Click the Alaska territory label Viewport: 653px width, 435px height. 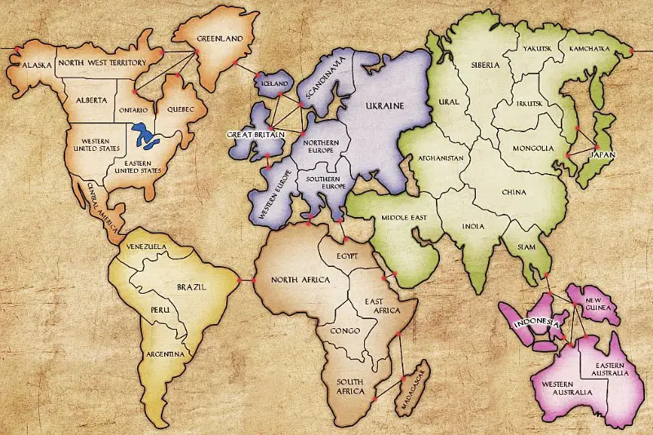(38, 64)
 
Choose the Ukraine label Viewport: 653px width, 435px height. (384, 106)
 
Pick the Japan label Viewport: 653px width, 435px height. (602, 153)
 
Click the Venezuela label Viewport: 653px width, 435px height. (146, 246)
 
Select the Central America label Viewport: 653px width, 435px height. (96, 205)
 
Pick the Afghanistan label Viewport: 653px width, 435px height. (441, 158)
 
